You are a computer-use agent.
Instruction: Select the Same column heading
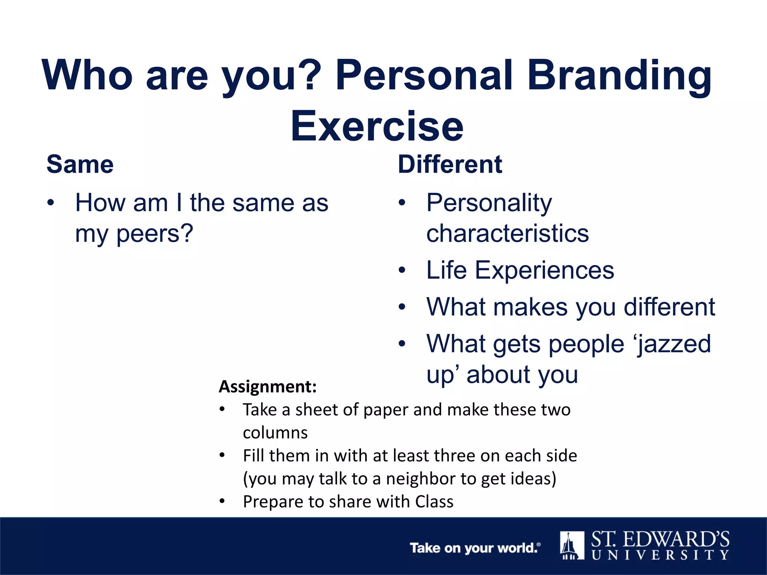tap(80, 164)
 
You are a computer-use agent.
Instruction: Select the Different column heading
tap(450, 164)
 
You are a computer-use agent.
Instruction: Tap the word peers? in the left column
tap(155, 234)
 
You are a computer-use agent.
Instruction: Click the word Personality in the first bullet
tap(489, 203)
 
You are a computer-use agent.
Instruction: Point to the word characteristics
tap(507, 234)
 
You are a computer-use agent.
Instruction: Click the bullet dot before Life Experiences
tap(402, 270)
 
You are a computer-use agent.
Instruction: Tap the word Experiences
tap(545, 270)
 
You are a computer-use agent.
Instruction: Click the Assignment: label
tap(268, 387)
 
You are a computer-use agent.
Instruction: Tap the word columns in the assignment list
tap(275, 433)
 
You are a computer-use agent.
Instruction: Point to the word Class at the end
tap(434, 502)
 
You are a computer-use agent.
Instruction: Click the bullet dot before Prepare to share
tap(222, 501)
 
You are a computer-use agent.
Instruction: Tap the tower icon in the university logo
tap(572, 545)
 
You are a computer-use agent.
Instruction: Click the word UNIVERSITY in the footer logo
tap(660, 555)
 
